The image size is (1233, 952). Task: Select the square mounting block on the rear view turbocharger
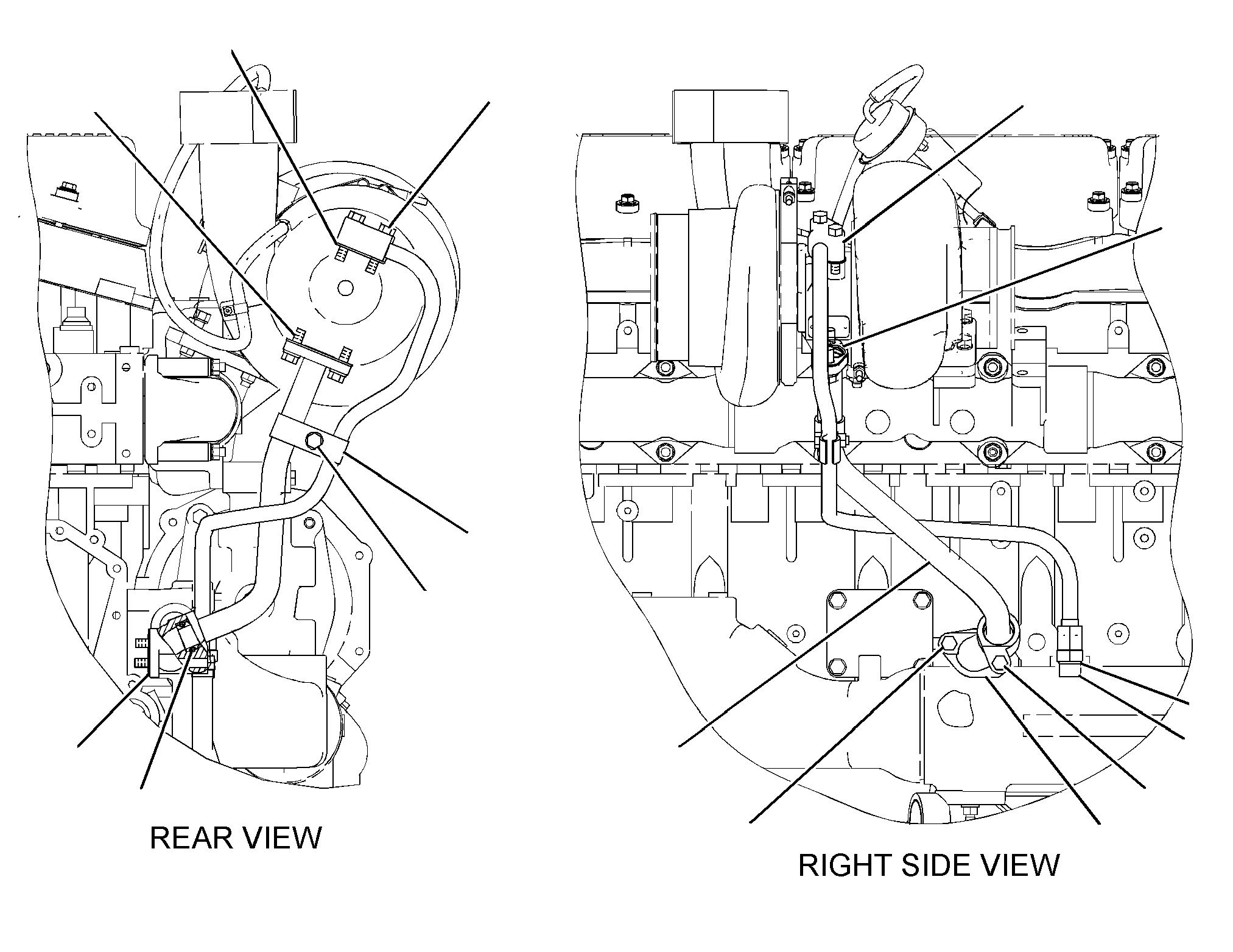[364, 240]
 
